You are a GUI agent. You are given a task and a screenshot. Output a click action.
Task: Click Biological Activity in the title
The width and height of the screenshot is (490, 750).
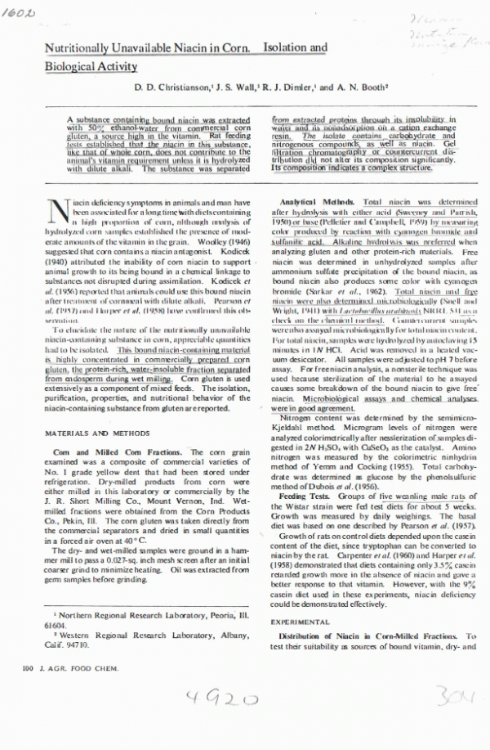91,66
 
